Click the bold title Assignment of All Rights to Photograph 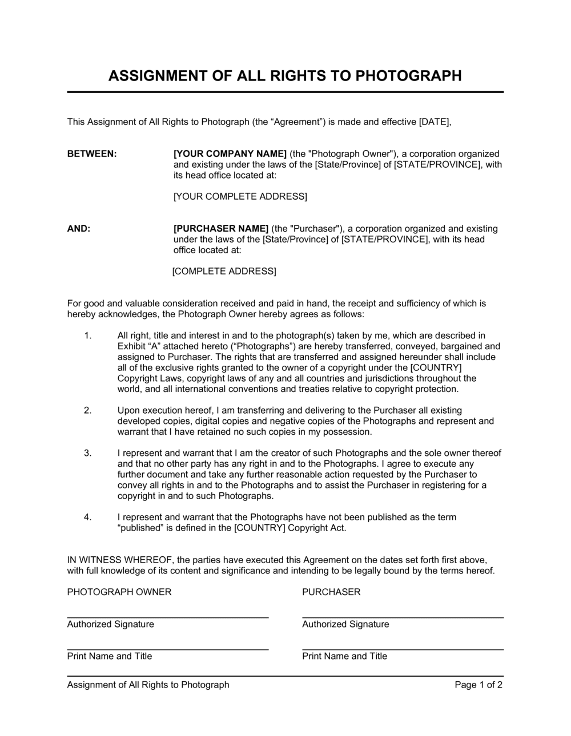tap(285, 76)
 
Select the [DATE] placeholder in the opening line tap(435, 122)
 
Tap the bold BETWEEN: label tap(92, 154)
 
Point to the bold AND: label tap(79, 229)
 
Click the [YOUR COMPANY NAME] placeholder tap(230, 154)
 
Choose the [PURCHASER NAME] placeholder tap(221, 229)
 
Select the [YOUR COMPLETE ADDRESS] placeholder tap(240, 197)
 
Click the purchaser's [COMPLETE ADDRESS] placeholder tap(224, 272)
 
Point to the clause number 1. tap(87, 336)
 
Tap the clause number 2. tap(87, 411)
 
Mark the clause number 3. tap(87, 454)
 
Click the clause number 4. tap(87, 517)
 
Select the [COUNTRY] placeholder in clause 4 tap(259, 528)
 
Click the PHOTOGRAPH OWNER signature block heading tap(119, 592)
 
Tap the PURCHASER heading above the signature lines tap(331, 592)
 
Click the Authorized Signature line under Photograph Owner tap(167, 617)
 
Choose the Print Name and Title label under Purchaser tap(344, 657)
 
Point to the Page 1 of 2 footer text tap(478, 685)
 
